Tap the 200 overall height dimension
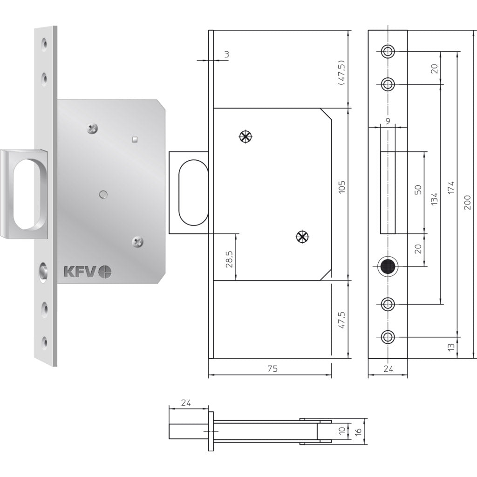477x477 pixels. (x=468, y=203)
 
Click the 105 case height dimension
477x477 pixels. (x=342, y=187)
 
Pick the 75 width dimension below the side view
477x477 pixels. (x=273, y=369)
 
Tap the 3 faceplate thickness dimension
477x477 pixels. (x=226, y=55)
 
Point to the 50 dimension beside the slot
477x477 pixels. (x=418, y=190)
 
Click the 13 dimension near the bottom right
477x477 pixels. (x=450, y=347)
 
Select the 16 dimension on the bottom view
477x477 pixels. (x=357, y=431)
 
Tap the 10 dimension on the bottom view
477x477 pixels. (x=341, y=431)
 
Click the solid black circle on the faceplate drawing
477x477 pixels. (x=388, y=267)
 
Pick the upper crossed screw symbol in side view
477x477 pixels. (x=245, y=136)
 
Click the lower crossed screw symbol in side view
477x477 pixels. (x=302, y=237)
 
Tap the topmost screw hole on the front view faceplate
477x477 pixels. (x=388, y=51)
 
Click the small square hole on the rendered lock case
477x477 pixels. (x=134, y=138)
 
